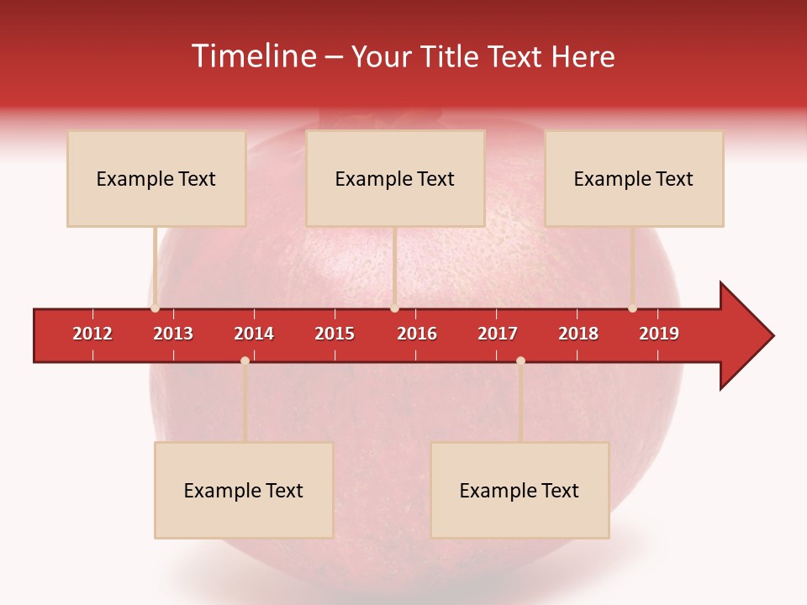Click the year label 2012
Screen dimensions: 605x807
click(92, 334)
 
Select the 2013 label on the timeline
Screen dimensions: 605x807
click(173, 334)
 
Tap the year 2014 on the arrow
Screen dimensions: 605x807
click(254, 334)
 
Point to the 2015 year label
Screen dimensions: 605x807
click(335, 334)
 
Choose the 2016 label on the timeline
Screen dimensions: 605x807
click(417, 334)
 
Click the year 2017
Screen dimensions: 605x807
click(498, 334)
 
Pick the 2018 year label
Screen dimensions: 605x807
click(578, 334)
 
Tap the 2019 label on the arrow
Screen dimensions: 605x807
click(659, 334)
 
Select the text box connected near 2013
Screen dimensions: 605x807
click(156, 178)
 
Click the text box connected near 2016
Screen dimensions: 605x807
click(395, 178)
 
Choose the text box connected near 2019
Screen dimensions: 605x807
click(634, 178)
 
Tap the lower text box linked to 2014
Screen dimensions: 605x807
click(244, 490)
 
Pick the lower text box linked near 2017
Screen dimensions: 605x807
click(520, 490)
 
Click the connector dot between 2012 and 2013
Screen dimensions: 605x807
click(155, 308)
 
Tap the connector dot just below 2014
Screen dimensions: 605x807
click(245, 360)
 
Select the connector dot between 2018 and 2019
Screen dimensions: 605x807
click(632, 308)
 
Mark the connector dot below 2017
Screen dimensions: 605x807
click(520, 360)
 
